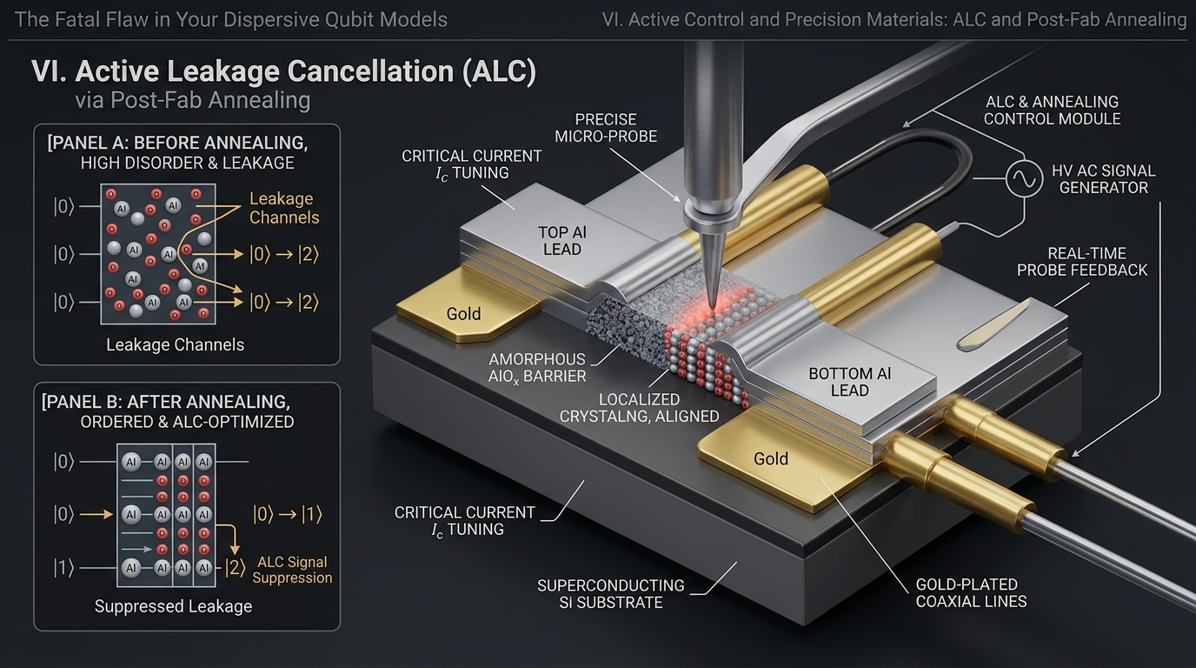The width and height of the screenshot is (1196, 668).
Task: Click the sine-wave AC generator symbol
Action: (x=1024, y=178)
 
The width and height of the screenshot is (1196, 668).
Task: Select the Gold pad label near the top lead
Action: (x=463, y=314)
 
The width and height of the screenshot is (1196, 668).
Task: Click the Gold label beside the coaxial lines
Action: (x=770, y=458)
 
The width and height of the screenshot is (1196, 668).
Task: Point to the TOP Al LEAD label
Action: (x=562, y=240)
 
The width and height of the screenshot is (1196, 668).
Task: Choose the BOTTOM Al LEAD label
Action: (x=849, y=382)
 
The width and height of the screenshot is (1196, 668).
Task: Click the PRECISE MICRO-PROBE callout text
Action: (x=606, y=128)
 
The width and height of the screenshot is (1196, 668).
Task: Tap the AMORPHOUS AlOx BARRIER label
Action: (x=537, y=368)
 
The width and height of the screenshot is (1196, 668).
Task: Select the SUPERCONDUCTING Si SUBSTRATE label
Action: (x=611, y=594)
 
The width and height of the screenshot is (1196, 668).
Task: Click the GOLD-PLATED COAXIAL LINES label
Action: (x=971, y=592)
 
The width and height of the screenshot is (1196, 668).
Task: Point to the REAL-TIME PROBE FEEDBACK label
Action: (x=1082, y=261)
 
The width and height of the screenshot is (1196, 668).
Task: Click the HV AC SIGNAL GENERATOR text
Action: (x=1104, y=179)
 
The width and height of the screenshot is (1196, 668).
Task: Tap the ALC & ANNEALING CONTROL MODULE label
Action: (x=1052, y=110)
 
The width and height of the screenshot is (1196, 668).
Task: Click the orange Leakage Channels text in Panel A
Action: (x=284, y=208)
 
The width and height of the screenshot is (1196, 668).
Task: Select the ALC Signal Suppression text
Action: (x=292, y=570)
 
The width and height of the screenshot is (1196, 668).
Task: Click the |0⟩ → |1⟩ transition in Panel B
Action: (x=287, y=515)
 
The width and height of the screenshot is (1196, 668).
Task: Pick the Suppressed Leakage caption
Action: (x=173, y=606)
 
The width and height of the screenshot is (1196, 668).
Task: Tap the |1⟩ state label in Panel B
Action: (x=63, y=567)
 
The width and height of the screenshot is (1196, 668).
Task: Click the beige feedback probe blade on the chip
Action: (x=994, y=326)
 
